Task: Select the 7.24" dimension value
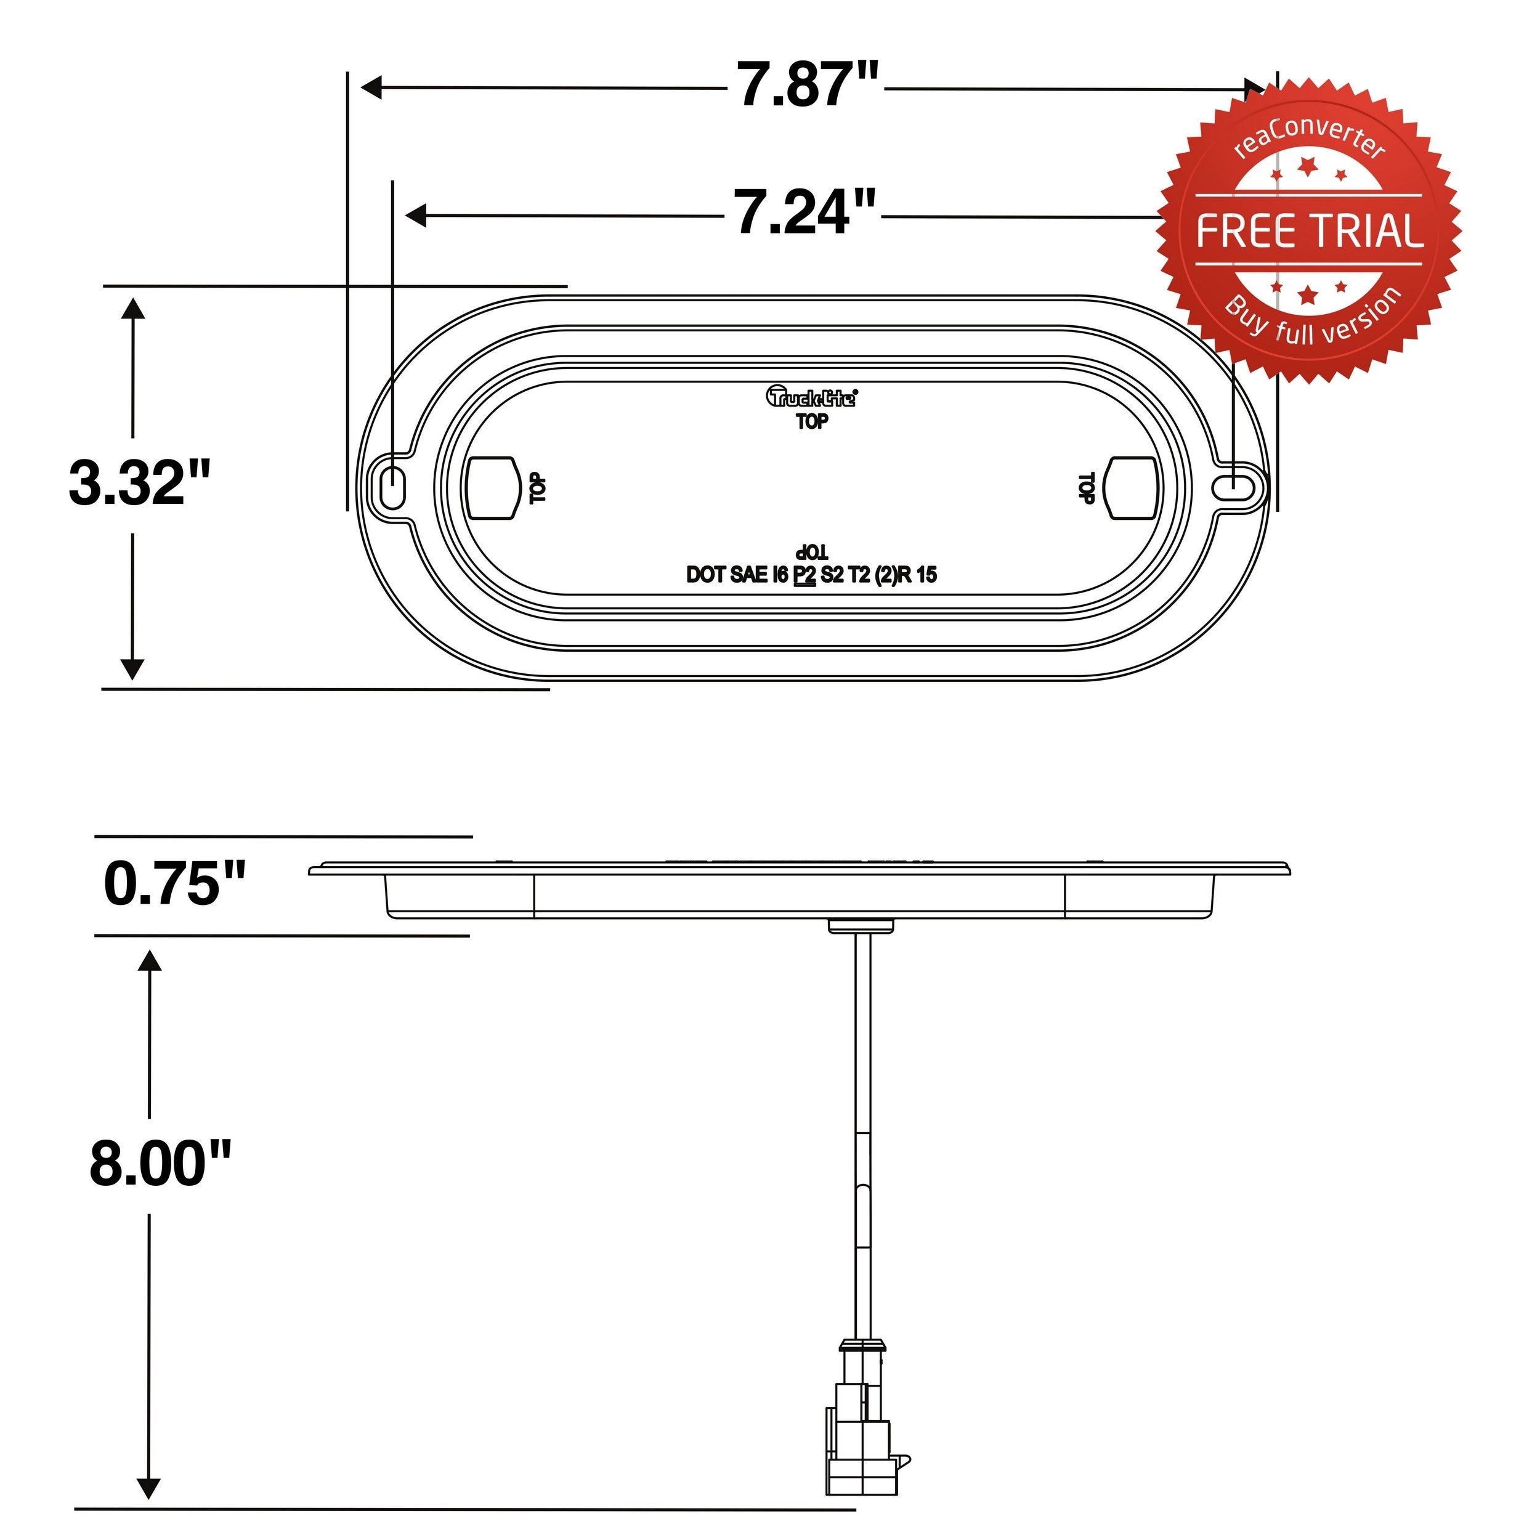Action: pyautogui.click(x=803, y=213)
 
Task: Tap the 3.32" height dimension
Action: pyautogui.click(x=139, y=484)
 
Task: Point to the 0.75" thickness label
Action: pyautogui.click(x=174, y=884)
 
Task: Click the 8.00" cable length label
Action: pyautogui.click(x=160, y=1164)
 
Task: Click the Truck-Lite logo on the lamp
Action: pyautogui.click(x=811, y=396)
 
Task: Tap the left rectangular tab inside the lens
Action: pyautogui.click(x=490, y=488)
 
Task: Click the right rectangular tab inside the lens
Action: pyautogui.click(x=1133, y=487)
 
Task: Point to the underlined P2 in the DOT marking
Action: pyautogui.click(x=805, y=575)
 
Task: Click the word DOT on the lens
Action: pyautogui.click(x=705, y=575)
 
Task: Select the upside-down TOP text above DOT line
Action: pyautogui.click(x=811, y=551)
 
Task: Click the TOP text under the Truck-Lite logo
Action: pyautogui.click(x=811, y=422)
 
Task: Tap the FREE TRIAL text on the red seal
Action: pyautogui.click(x=1309, y=231)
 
